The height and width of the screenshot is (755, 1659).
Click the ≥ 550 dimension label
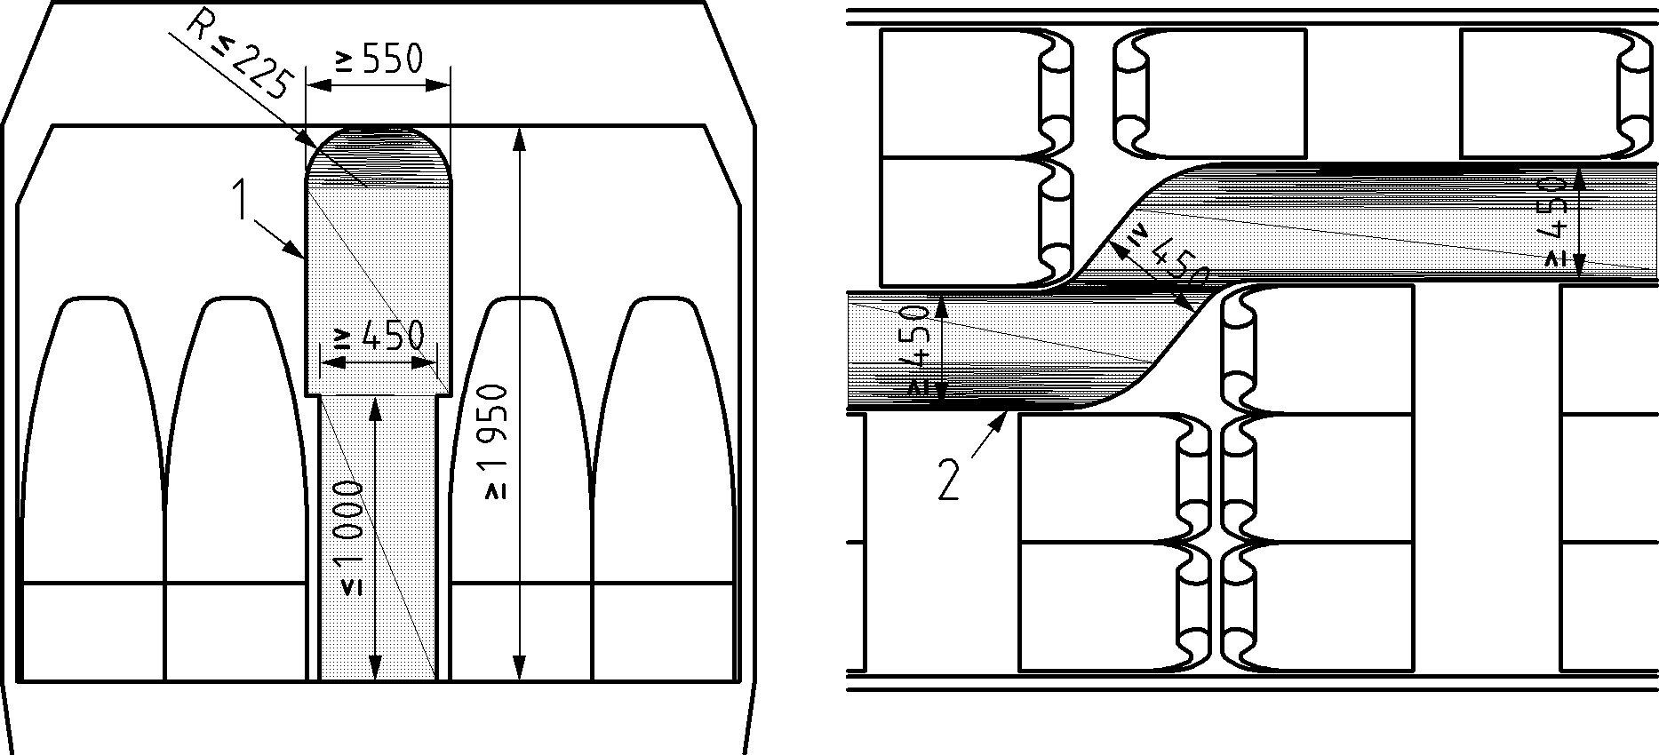point(378,60)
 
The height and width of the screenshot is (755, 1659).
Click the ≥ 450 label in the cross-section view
point(379,338)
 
